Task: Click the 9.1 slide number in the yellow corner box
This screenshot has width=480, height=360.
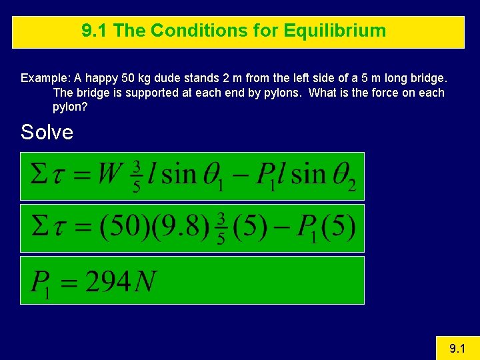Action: point(457,348)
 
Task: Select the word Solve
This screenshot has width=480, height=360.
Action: point(47,132)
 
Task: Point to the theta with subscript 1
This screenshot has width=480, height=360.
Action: point(210,175)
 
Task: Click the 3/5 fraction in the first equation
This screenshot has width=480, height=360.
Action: point(137,176)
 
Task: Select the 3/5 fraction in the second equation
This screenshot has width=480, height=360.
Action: point(221,229)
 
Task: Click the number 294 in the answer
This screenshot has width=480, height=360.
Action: point(108,282)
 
